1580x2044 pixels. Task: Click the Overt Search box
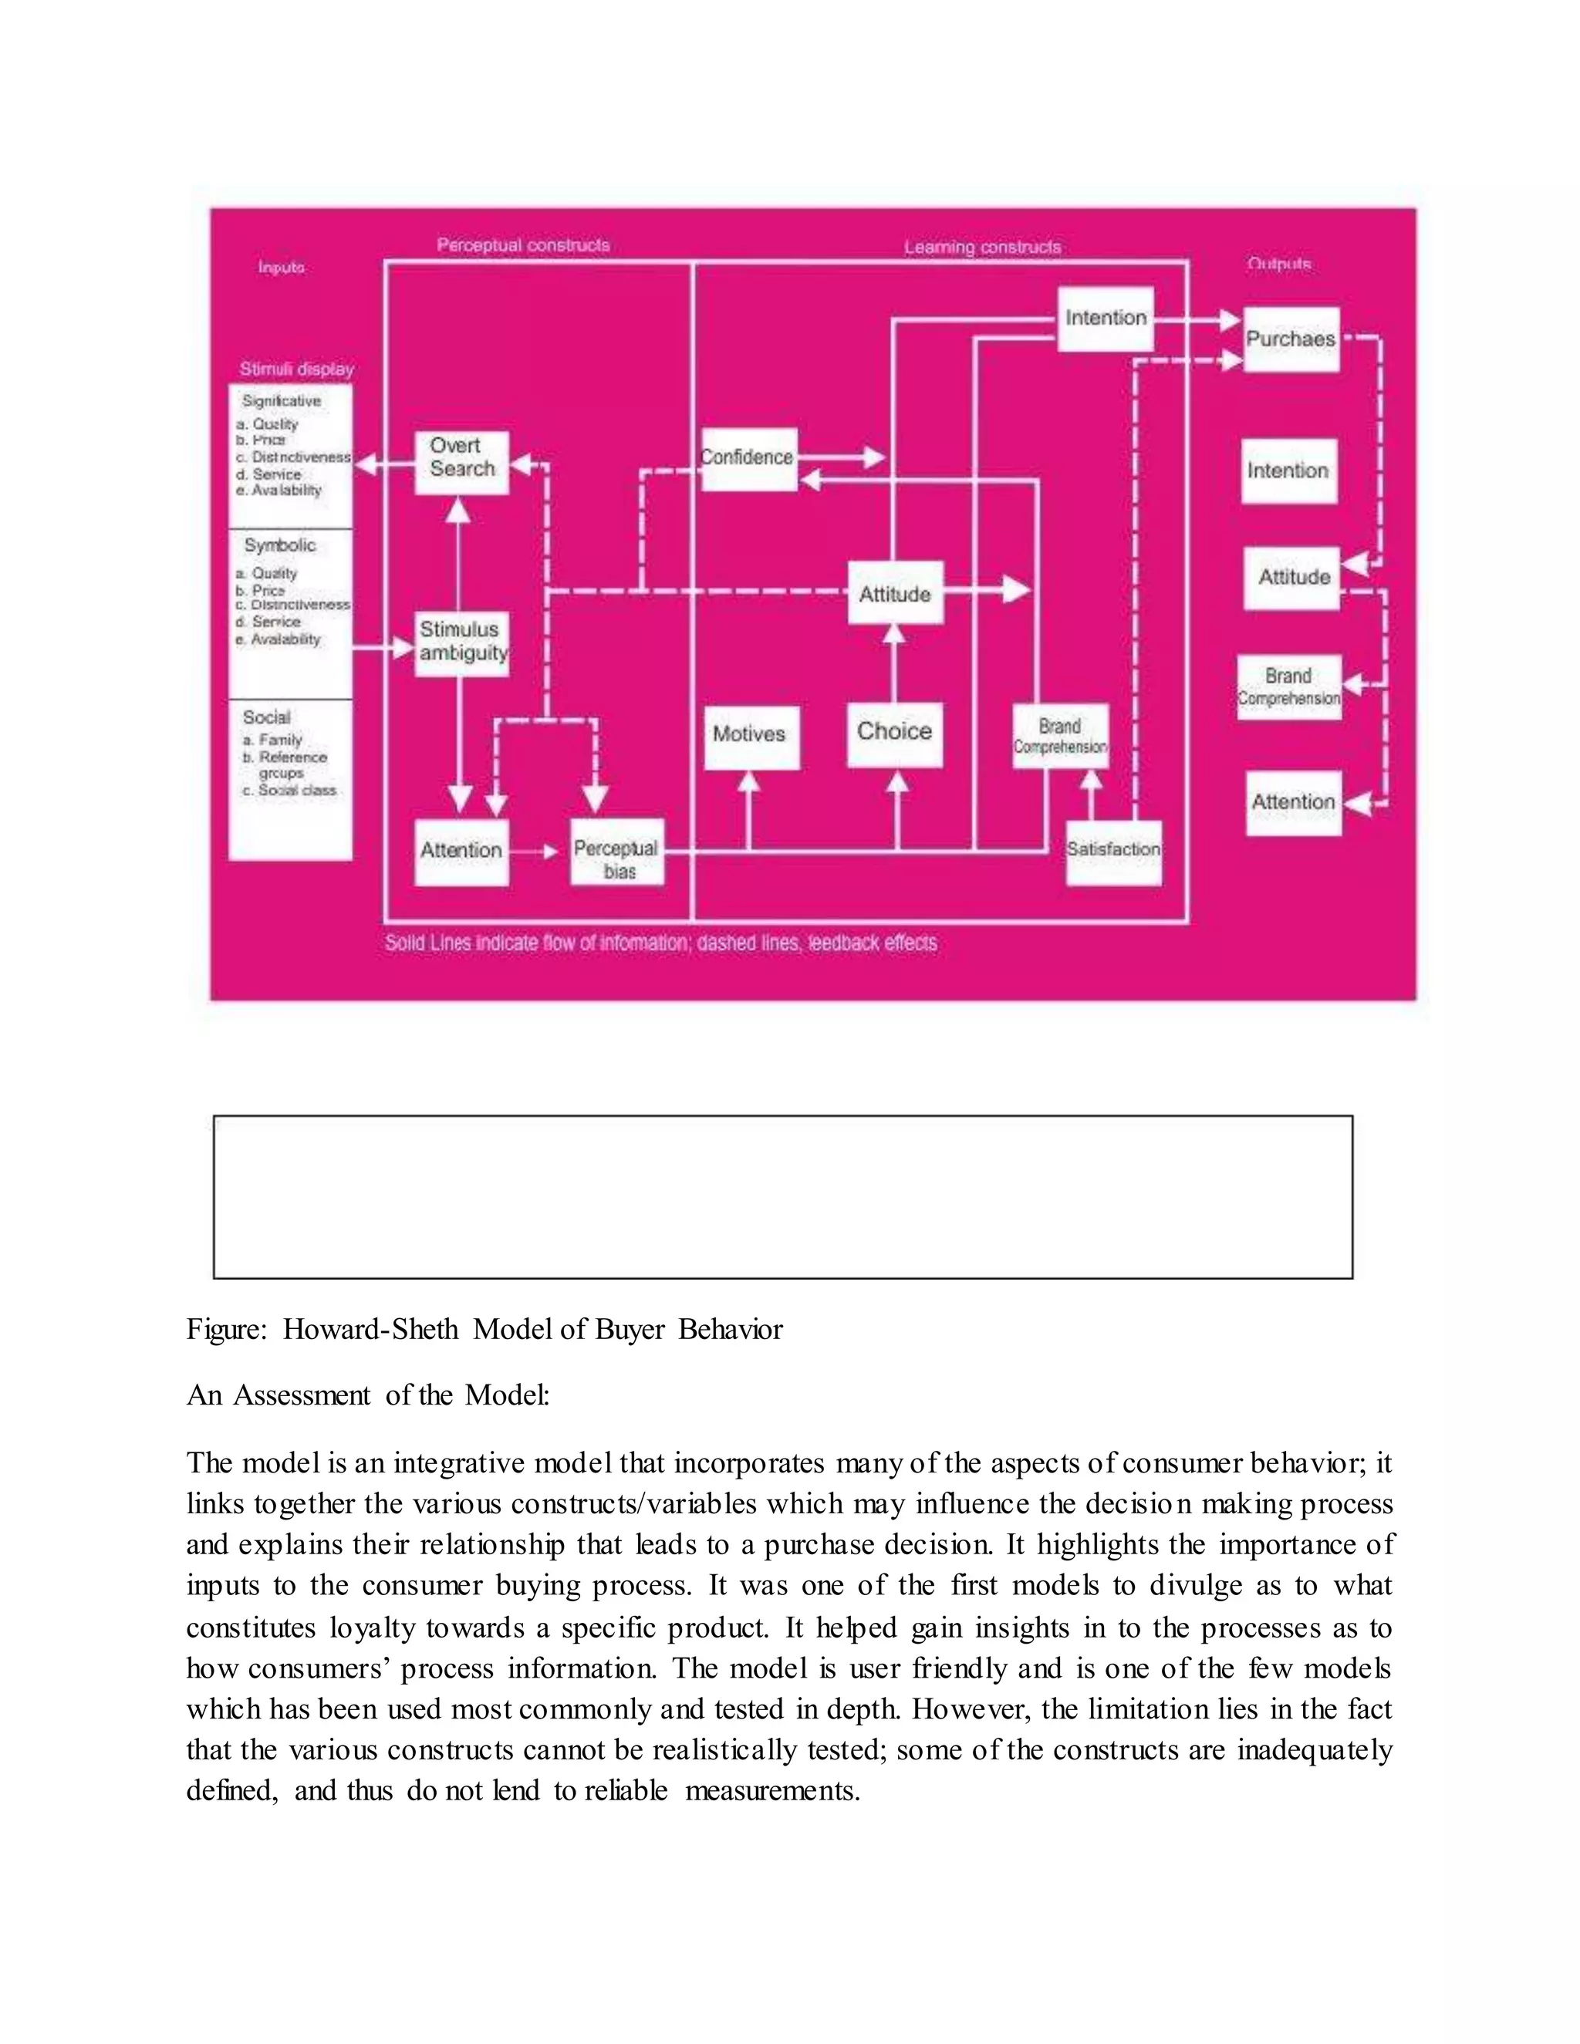point(461,462)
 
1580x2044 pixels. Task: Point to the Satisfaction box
point(1114,852)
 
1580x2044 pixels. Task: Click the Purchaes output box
point(1291,339)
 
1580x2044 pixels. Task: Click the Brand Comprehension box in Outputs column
point(1289,688)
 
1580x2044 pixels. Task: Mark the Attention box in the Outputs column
point(1294,803)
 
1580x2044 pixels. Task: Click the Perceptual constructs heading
point(523,246)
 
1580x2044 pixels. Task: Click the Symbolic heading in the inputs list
point(280,545)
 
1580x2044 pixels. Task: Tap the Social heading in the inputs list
point(267,718)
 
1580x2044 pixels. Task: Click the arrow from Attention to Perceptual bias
point(538,852)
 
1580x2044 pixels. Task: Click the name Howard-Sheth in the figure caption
point(370,1330)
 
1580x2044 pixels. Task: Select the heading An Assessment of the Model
point(368,1395)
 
